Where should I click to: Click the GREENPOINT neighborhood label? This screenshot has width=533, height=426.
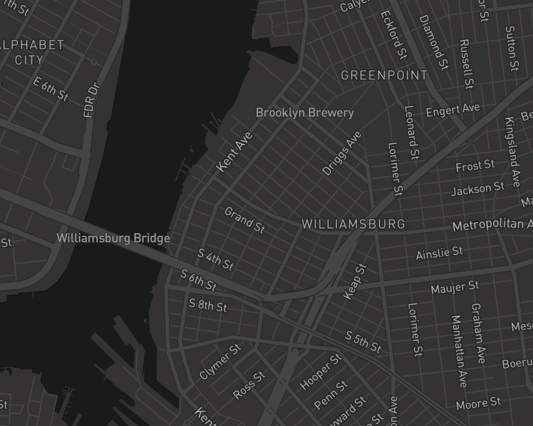(x=384, y=76)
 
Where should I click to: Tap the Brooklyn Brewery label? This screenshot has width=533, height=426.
(x=305, y=113)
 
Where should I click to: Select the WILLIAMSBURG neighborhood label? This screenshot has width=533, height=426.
(x=353, y=224)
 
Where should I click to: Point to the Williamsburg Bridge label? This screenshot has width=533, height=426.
(x=113, y=238)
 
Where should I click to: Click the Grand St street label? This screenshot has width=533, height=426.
(x=245, y=220)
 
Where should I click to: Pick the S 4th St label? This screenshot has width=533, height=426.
(x=215, y=259)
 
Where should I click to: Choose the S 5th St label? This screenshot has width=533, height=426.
(x=363, y=342)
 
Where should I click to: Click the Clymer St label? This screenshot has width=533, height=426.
(x=220, y=362)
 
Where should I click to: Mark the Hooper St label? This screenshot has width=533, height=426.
(x=320, y=372)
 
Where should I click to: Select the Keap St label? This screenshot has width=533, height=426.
(x=356, y=282)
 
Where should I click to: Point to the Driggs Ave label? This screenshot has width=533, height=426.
(x=342, y=153)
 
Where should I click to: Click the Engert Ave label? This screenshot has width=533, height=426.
(x=453, y=110)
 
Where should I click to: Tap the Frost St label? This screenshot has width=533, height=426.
(x=475, y=166)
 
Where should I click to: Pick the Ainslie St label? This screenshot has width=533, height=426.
(x=439, y=252)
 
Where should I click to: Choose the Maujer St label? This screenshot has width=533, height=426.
(x=455, y=288)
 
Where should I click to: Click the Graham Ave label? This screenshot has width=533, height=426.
(x=478, y=333)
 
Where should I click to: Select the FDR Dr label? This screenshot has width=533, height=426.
(x=91, y=100)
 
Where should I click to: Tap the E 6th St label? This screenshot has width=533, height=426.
(x=51, y=89)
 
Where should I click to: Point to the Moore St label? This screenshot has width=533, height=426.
(x=478, y=403)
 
